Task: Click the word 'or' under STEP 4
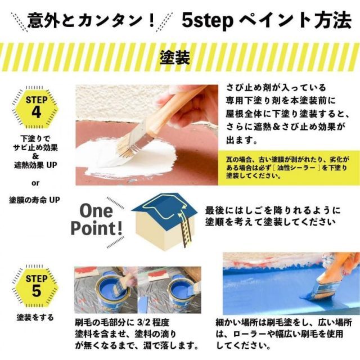click(x=35, y=182)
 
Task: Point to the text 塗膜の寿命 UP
click(x=35, y=200)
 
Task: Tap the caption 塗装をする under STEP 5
click(x=35, y=317)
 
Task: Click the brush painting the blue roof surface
click(x=323, y=284)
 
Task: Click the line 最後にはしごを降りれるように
click(x=273, y=209)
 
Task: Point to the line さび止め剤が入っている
click(x=276, y=88)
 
